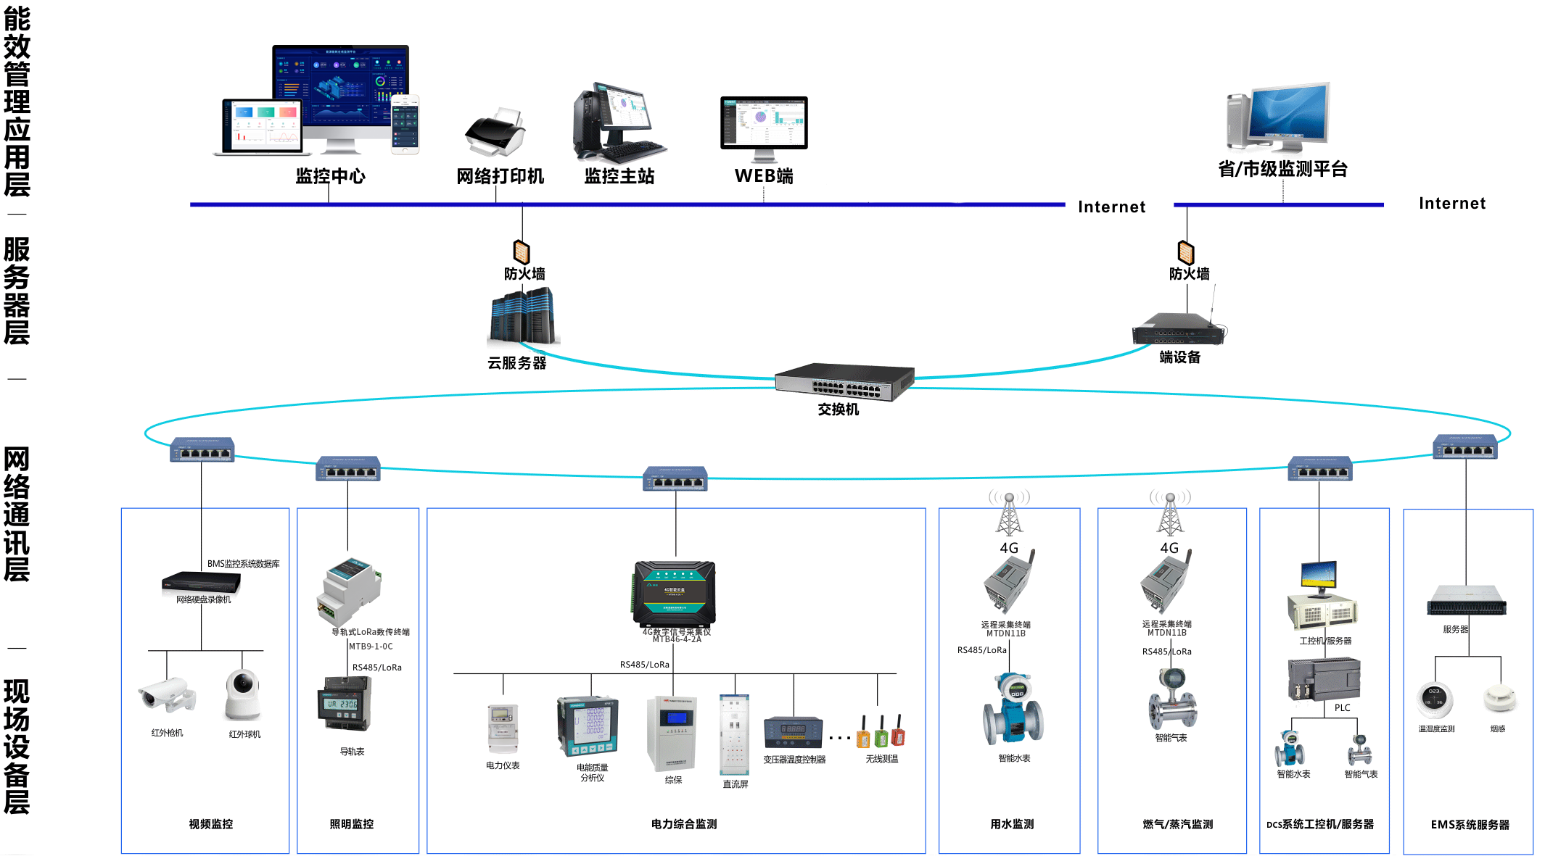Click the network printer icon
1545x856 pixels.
pos(495,134)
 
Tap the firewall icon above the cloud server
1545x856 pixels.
pos(522,252)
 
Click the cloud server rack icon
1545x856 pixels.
pos(522,316)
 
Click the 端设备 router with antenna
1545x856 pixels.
pos(1179,329)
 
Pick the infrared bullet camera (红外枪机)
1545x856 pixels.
pos(167,694)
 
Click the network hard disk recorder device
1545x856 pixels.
pos(201,582)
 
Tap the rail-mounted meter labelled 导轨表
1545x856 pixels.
pos(345,704)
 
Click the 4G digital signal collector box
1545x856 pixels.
pos(675,593)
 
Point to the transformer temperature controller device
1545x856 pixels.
pos(793,732)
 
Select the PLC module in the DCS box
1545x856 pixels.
pos(1324,678)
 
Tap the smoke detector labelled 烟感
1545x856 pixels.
pos(1499,698)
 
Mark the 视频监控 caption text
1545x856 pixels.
pos(211,824)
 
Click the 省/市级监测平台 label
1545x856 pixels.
pos(1282,169)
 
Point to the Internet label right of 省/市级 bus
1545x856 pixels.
pos(1452,204)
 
